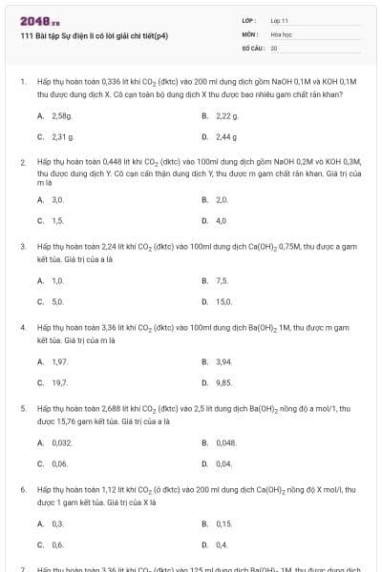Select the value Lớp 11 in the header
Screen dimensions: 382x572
coord(280,20)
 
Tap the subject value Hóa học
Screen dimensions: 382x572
coord(281,33)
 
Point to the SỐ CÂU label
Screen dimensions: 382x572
coord(252,47)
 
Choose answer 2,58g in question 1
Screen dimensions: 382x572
coord(61,115)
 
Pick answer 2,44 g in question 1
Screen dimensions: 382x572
coord(226,136)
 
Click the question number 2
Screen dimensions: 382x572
coord(22,163)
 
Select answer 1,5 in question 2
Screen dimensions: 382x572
coord(58,221)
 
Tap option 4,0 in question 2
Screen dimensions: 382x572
coord(222,221)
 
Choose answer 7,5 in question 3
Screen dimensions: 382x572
coord(222,281)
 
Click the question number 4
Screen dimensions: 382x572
coord(22,327)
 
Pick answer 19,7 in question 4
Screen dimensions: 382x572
coord(59,382)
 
